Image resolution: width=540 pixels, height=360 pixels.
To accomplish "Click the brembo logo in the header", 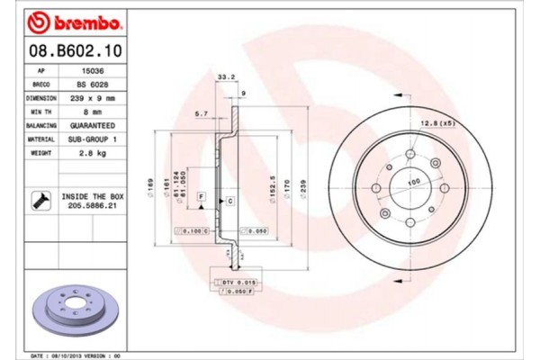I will [x=68, y=20].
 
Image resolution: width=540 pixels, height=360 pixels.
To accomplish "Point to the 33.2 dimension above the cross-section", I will [x=227, y=77].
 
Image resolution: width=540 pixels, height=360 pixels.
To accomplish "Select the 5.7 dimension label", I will [x=202, y=113].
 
